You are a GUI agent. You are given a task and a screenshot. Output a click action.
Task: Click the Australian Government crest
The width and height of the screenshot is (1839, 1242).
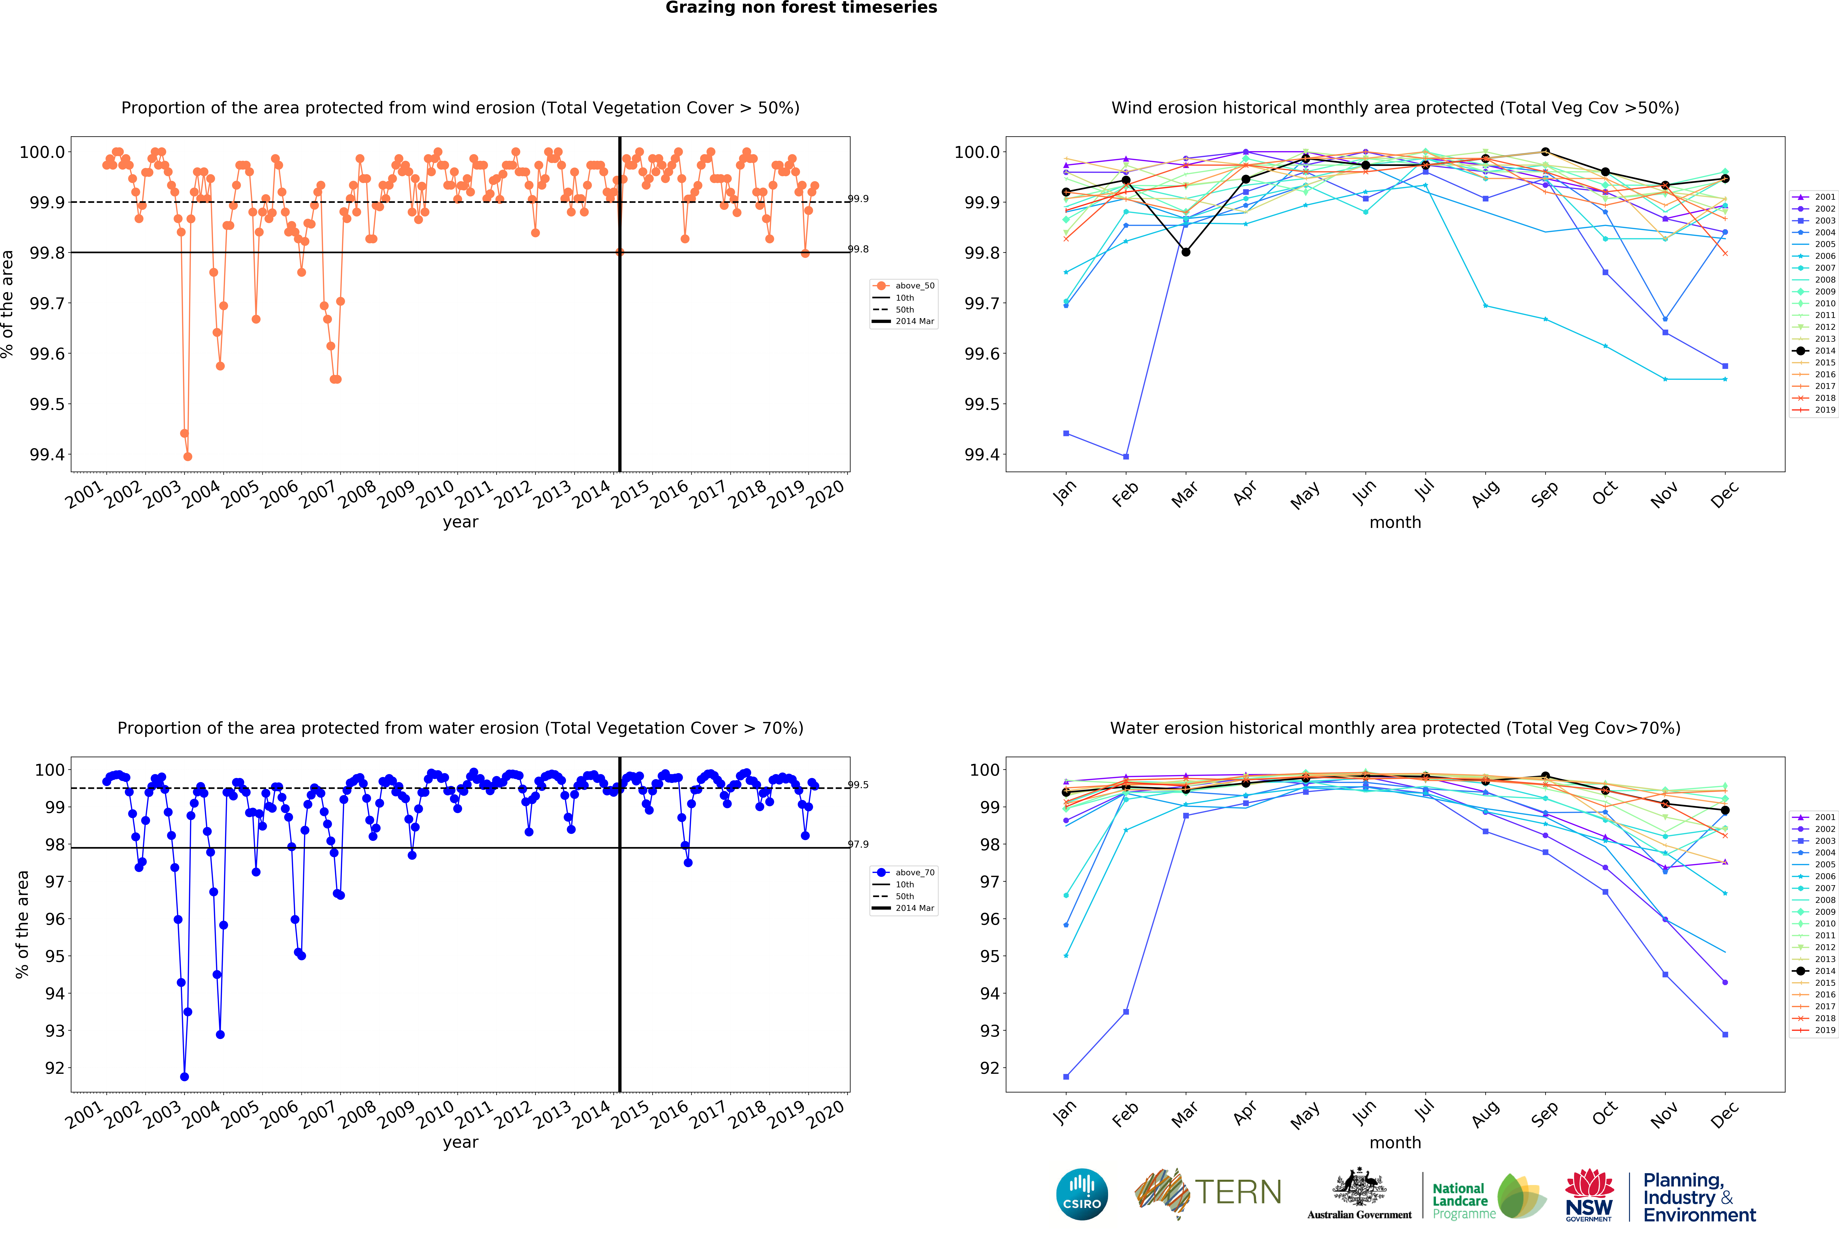point(1359,1187)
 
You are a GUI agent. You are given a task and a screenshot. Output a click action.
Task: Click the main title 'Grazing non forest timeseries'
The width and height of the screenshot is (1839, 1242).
point(801,8)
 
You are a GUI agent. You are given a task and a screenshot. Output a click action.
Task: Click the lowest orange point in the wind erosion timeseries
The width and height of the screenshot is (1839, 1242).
point(188,456)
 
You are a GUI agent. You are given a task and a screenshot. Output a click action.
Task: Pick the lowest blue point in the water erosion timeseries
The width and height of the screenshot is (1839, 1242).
point(184,1077)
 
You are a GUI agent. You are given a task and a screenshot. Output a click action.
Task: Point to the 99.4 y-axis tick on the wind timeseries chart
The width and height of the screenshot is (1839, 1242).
point(47,455)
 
